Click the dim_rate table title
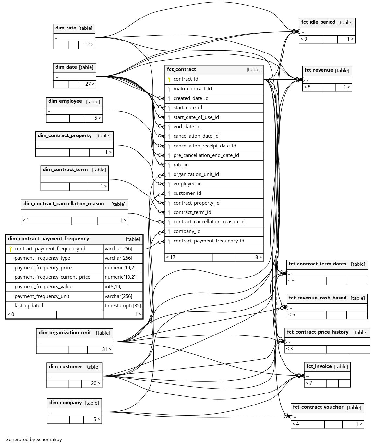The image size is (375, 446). [66, 28]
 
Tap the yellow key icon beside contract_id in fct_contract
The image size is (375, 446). [169, 79]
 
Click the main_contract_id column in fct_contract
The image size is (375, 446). [192, 89]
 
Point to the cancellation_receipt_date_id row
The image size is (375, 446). [205, 146]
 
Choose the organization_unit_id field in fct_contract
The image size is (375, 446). [196, 174]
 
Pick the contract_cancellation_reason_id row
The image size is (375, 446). [209, 222]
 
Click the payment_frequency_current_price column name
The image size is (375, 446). [52, 277]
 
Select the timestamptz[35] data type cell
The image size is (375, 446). [123, 306]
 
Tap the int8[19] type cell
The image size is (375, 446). [113, 287]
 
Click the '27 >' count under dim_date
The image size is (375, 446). [90, 84]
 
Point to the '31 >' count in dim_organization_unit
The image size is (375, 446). [106, 349]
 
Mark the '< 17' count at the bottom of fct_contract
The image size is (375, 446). [171, 257]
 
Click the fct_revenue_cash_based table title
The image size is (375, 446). [318, 298]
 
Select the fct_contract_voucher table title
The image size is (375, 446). [318, 407]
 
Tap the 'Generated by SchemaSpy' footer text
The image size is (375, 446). [33, 440]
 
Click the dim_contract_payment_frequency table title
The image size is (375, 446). [48, 239]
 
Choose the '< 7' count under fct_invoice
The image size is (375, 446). [309, 383]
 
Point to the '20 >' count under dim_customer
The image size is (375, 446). [95, 383]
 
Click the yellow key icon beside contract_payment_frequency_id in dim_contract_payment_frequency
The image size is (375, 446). [10, 249]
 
